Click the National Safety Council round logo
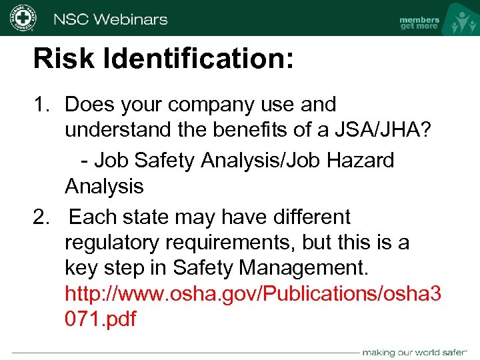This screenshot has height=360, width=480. point(23,19)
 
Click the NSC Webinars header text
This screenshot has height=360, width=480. point(111,19)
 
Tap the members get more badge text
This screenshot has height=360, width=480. point(419,23)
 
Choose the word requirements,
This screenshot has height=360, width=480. point(237,243)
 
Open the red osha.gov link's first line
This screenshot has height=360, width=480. point(253,293)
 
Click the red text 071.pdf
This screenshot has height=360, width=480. point(100,319)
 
